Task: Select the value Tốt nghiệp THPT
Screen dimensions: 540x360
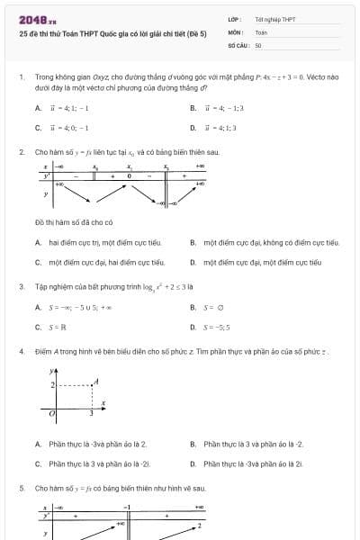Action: [275, 19]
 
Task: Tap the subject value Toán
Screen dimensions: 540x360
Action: [261, 31]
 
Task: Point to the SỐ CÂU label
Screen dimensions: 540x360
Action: [238, 44]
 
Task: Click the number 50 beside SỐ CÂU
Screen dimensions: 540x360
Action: [258, 44]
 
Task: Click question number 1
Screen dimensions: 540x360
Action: [21, 77]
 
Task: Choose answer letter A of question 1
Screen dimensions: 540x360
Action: [39, 108]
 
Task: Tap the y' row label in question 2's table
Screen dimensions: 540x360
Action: [46, 175]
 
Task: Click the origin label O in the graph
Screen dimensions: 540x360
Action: [52, 413]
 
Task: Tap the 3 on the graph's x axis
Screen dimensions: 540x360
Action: [91, 413]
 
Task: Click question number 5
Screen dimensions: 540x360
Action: [21, 488]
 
